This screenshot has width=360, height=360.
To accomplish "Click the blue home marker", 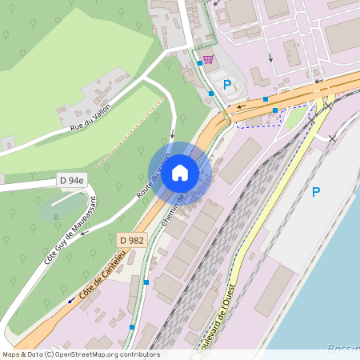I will (180, 173).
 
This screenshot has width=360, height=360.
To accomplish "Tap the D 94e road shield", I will (70, 181).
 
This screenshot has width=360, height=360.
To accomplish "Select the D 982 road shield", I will (131, 240).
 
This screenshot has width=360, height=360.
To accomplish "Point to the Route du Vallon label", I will (153, 177).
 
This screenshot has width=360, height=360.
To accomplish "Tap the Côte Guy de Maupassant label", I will (69, 230).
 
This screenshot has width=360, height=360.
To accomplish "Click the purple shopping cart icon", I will (208, 59).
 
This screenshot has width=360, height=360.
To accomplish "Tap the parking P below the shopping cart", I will (226, 84).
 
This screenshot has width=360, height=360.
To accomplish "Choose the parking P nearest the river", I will (315, 192).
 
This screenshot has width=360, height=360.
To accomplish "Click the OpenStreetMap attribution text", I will (80, 354).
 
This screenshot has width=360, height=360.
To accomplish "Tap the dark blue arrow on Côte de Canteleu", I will (70, 300).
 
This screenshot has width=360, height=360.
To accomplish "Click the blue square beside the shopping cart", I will (199, 62).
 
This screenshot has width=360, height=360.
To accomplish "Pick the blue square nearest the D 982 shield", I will (146, 282).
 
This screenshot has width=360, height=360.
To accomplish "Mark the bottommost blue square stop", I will (132, 326).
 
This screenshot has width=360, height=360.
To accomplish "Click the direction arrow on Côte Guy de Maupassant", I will (86, 232).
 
